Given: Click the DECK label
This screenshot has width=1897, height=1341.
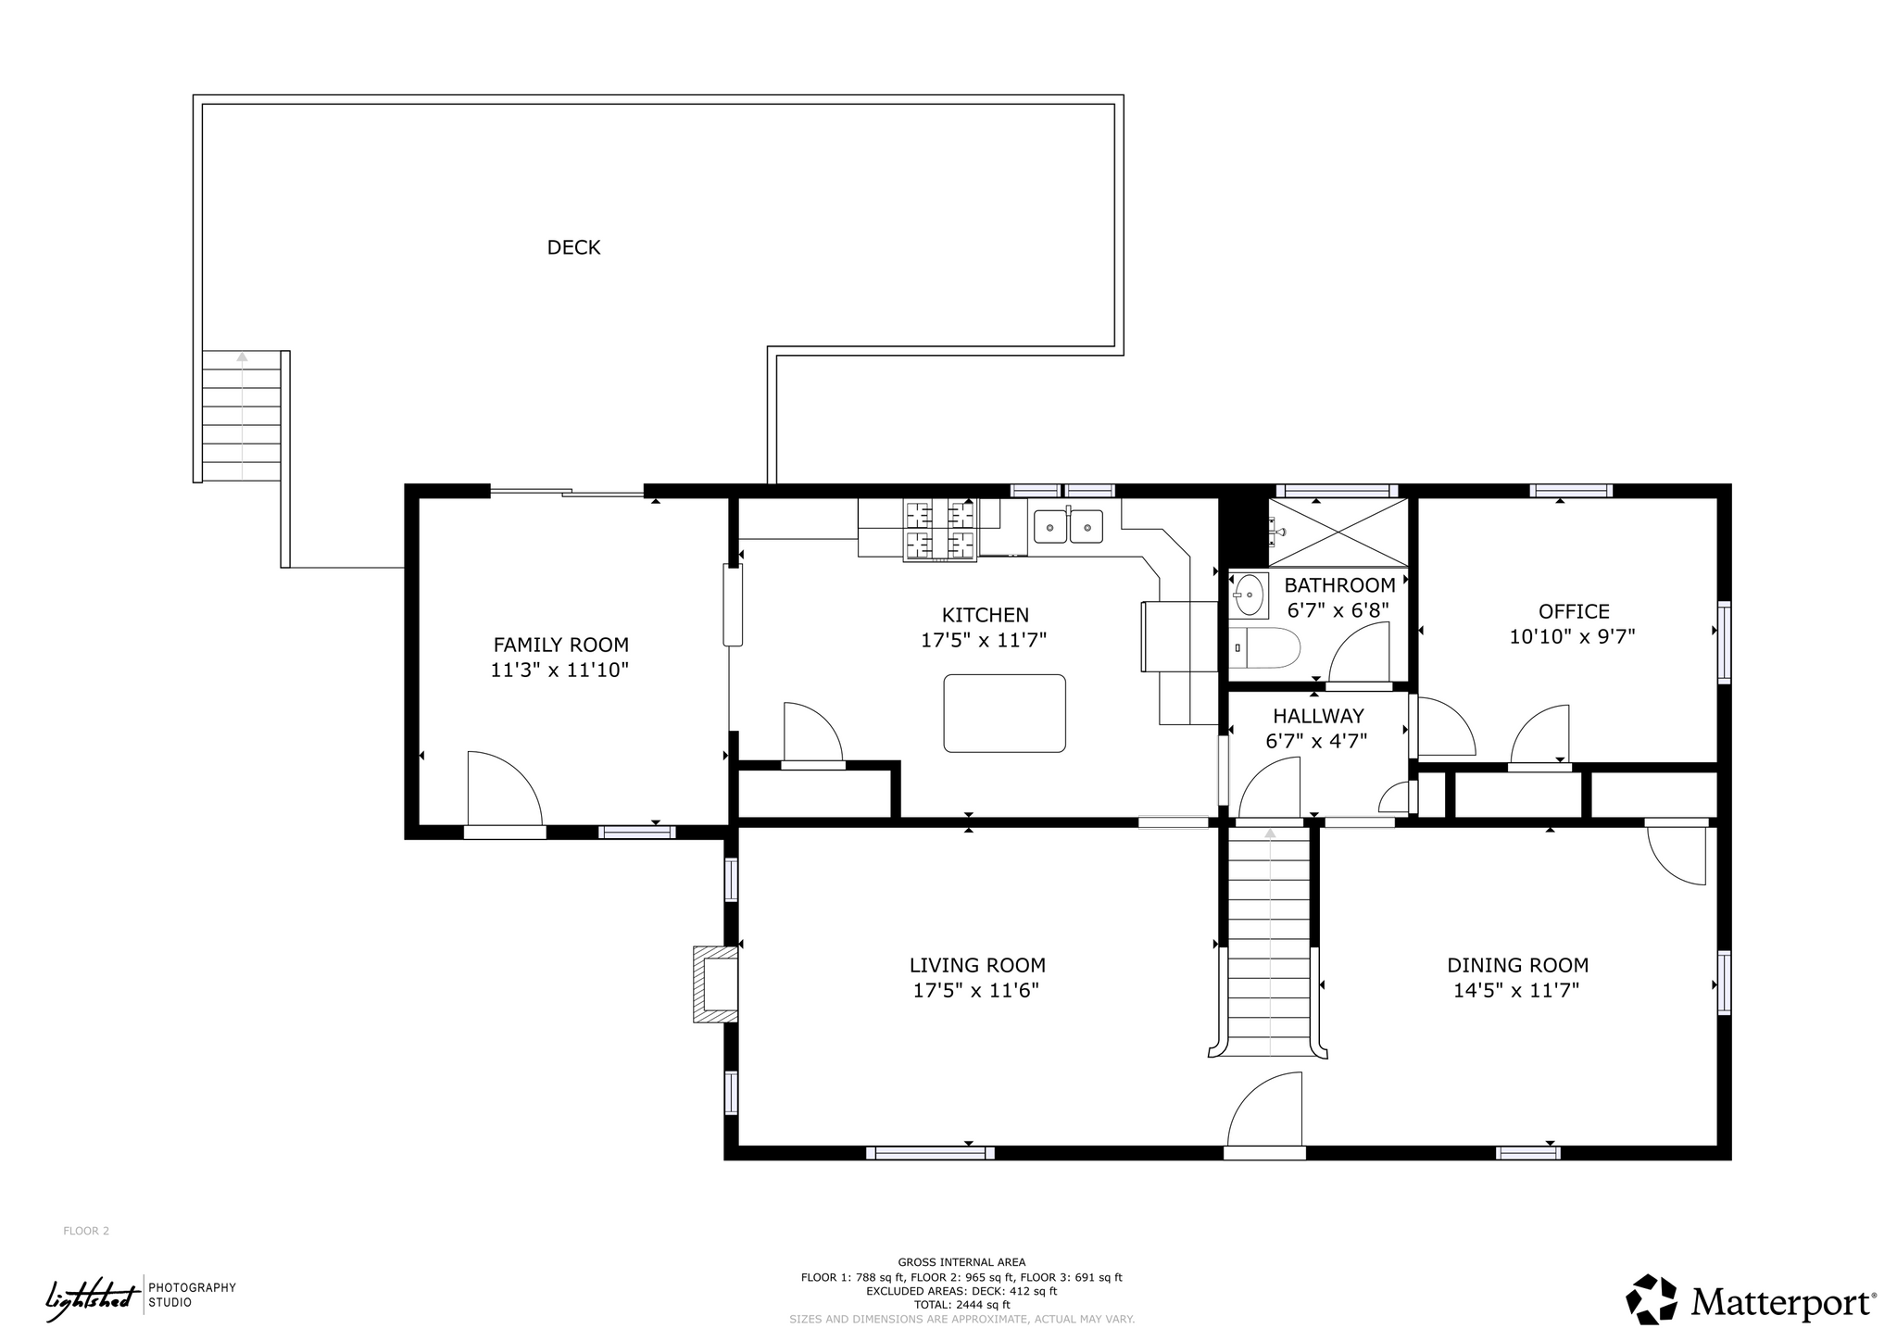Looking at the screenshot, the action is click(x=573, y=247).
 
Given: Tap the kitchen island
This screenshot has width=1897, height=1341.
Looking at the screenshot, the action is click(x=1004, y=713).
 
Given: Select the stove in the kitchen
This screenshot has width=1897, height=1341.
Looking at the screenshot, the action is click(x=940, y=530).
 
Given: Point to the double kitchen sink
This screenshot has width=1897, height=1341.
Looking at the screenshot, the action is click(x=1068, y=526).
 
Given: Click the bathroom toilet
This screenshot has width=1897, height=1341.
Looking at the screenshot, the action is click(x=1265, y=647).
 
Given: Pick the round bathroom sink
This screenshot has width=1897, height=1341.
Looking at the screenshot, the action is click(x=1250, y=595).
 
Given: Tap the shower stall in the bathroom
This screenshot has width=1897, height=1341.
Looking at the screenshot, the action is click(x=1338, y=532).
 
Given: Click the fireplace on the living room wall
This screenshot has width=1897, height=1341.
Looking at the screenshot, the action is click(x=716, y=984).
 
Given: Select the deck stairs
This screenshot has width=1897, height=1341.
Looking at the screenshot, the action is click(x=242, y=416).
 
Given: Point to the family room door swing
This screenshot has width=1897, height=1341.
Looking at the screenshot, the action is click(x=504, y=788).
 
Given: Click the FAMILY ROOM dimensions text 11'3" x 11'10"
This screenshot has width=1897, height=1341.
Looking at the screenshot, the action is click(x=559, y=670).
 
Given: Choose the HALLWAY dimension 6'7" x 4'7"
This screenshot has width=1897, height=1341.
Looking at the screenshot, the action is click(x=1316, y=741).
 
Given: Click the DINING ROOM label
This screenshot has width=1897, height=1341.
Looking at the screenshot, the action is click(x=1517, y=965).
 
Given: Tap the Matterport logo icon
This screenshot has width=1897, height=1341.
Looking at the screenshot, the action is click(x=1652, y=1299).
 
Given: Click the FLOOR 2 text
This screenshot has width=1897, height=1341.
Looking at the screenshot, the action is click(x=86, y=1231).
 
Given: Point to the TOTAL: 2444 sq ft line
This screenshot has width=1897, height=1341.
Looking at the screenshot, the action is click(x=961, y=1305).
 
